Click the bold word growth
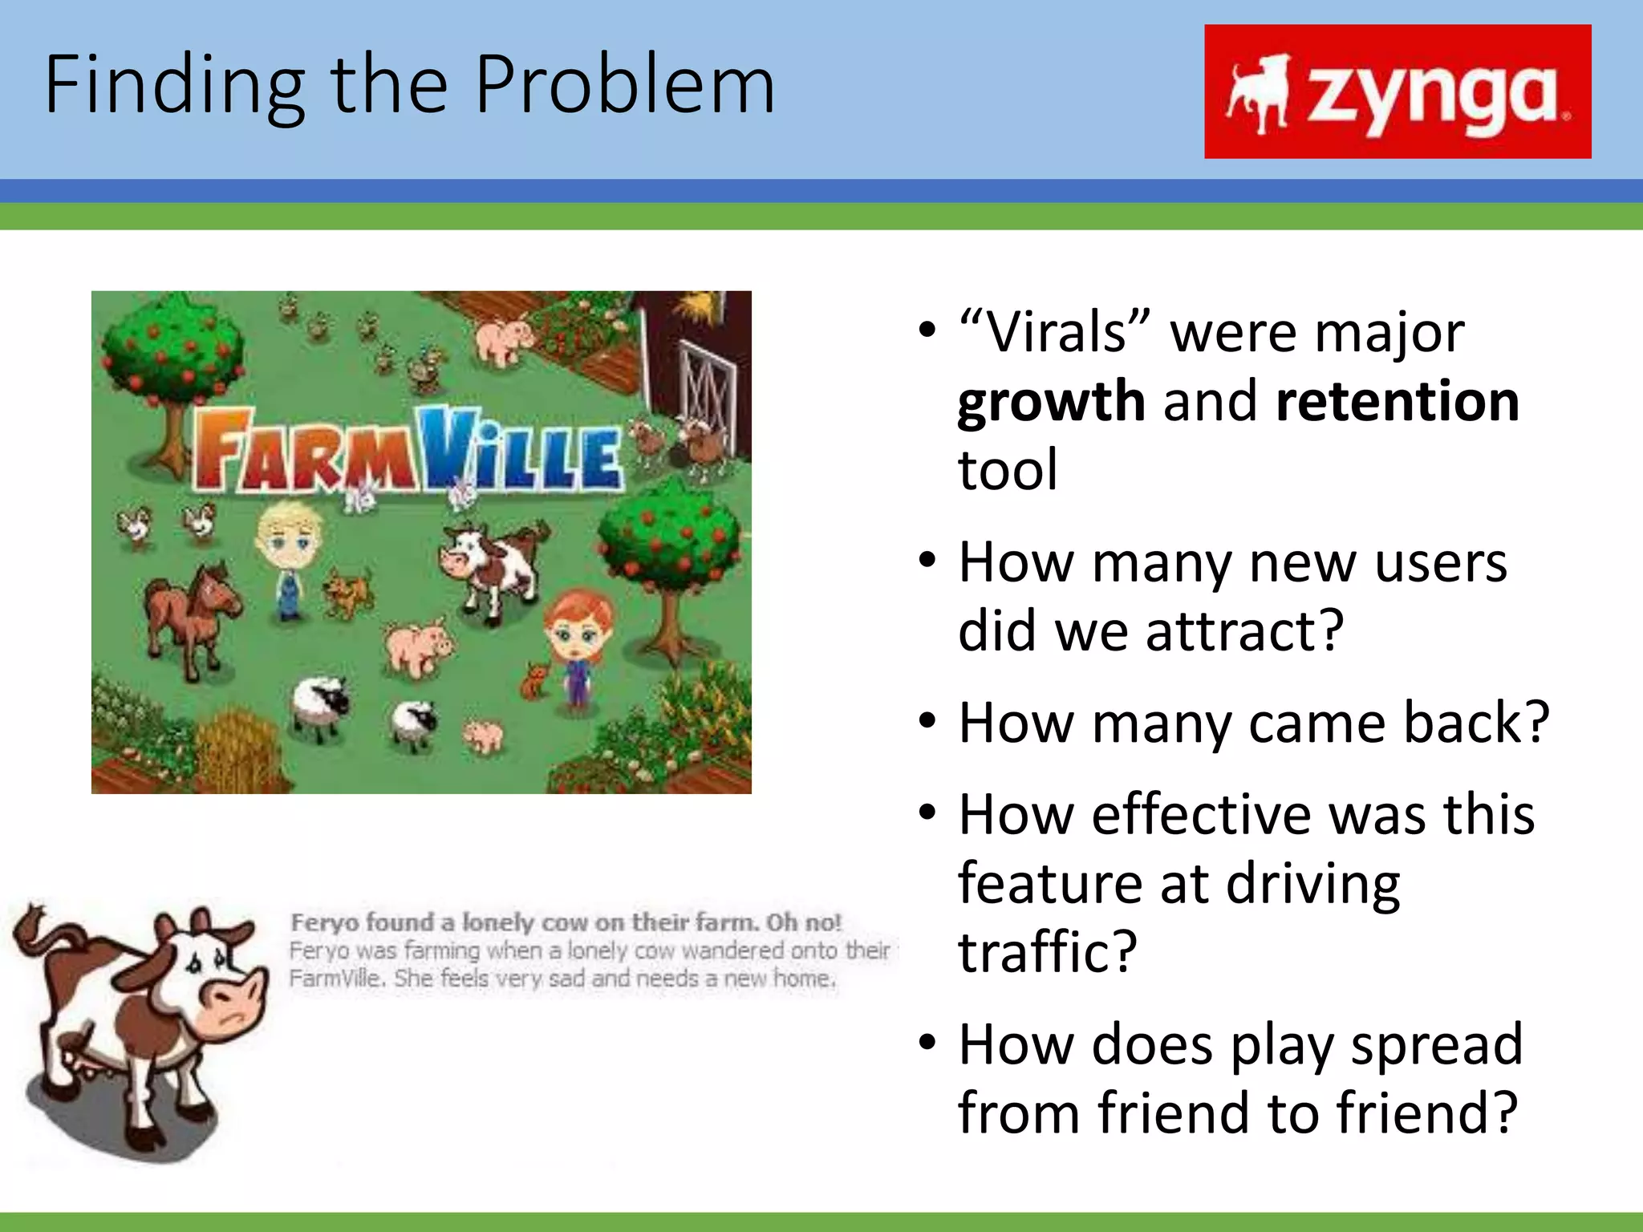tap(1051, 401)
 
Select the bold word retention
tap(1397, 401)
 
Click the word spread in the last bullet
tap(1436, 1044)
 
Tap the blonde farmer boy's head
tap(290, 533)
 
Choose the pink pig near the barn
tap(503, 338)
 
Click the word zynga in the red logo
tap(1432, 95)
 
